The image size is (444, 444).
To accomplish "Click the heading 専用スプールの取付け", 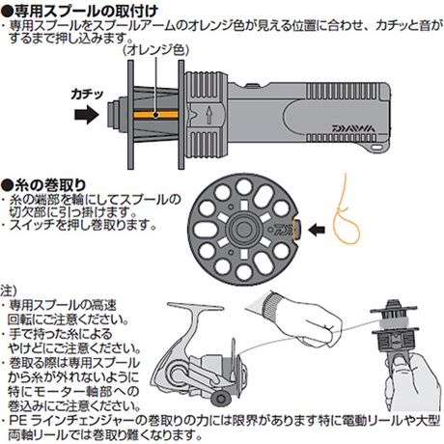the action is pyautogui.click(x=79, y=10).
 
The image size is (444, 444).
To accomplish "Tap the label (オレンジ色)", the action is pyautogui.click(x=156, y=50).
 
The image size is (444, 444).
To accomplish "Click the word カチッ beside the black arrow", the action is pyautogui.click(x=87, y=95).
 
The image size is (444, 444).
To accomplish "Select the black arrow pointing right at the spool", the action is pyautogui.click(x=87, y=115).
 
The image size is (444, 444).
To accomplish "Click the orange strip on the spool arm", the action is pyautogui.click(x=156, y=115).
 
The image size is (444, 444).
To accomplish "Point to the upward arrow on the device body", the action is pyautogui.click(x=209, y=115).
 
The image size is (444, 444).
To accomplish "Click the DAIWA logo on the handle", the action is pyautogui.click(x=353, y=128).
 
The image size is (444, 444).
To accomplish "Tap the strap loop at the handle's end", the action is pyautogui.click(x=376, y=147).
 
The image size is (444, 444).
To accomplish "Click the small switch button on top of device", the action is pyautogui.click(x=252, y=86).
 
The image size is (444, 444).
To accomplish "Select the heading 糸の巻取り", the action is pyautogui.click(x=43, y=185).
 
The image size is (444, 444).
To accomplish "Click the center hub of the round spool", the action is pyautogui.click(x=243, y=229).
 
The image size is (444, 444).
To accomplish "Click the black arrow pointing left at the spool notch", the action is pyautogui.click(x=317, y=230).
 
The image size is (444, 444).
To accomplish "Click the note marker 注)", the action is pyautogui.click(x=8, y=291).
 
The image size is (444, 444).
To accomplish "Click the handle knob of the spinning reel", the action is pyautogui.click(x=221, y=399).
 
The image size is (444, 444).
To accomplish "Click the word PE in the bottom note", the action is pyautogui.click(x=17, y=421).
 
